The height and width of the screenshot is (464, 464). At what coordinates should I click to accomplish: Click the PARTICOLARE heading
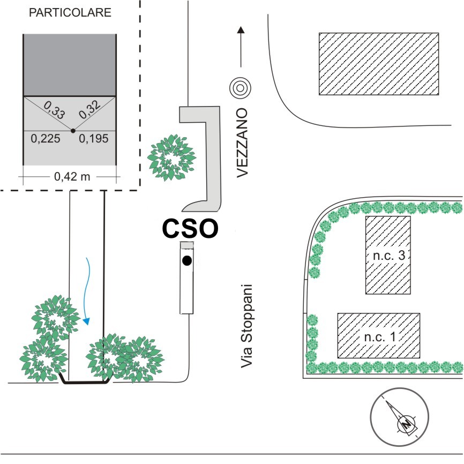70,12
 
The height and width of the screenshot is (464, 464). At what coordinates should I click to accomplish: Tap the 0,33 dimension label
55,109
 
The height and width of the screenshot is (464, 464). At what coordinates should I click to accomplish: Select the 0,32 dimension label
89,109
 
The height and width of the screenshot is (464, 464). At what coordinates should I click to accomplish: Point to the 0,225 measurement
46,138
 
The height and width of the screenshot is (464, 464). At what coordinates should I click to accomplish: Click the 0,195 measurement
94,138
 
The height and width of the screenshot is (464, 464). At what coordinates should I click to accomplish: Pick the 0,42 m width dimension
72,177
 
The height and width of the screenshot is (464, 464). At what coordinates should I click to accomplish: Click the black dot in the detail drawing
73,131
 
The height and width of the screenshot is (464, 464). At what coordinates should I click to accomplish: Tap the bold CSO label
190,228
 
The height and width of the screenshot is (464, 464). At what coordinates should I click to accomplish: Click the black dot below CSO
186,261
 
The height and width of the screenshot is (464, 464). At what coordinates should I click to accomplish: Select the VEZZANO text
242,143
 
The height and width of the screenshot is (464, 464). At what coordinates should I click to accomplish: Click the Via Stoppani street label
246,326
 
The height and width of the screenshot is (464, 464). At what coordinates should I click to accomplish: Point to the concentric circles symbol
240,88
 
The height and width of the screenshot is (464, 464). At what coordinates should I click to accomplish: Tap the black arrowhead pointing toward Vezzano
241,29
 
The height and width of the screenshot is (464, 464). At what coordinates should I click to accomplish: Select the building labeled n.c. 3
388,255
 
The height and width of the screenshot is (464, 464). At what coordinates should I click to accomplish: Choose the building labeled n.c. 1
379,335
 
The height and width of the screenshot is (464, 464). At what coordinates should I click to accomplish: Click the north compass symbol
400,417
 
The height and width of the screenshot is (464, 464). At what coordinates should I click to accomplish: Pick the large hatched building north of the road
379,64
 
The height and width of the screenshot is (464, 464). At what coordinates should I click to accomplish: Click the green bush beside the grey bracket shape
171,158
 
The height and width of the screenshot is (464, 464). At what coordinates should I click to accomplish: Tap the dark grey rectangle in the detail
70,65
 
